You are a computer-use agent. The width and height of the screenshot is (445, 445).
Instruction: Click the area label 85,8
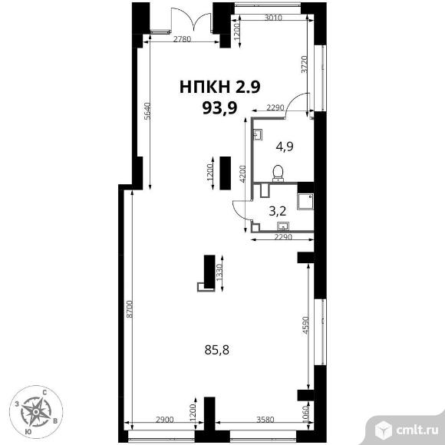pos(217,350)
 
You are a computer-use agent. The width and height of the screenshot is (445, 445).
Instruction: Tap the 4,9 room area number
pos(285,147)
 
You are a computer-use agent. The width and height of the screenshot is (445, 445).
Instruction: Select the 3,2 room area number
pos(277,211)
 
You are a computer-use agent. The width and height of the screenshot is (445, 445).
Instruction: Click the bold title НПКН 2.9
pos(220,87)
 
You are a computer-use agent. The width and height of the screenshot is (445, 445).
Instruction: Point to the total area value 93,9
pos(219,108)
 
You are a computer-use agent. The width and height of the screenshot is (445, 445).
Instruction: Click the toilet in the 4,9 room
pos(278,173)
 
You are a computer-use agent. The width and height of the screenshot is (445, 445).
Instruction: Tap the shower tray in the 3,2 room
pos(305,202)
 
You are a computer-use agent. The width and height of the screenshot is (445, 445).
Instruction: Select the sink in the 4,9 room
pos(258,134)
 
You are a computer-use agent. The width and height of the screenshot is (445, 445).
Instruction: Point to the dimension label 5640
pos(147,111)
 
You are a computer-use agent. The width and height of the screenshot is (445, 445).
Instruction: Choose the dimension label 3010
pos(273,18)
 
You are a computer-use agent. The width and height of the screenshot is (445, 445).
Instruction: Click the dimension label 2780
pos(182,39)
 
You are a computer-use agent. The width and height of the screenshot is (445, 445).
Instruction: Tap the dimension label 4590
pos(305,325)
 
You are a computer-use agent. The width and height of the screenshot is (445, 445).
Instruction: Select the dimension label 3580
pos(265,420)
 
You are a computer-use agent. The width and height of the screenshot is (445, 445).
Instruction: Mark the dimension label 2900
pos(165,420)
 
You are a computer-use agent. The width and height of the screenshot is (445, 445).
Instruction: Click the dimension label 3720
pos(305,64)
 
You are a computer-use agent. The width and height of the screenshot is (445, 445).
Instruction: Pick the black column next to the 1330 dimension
pos(209,271)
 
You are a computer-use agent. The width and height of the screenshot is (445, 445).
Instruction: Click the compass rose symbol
pos(36,411)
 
